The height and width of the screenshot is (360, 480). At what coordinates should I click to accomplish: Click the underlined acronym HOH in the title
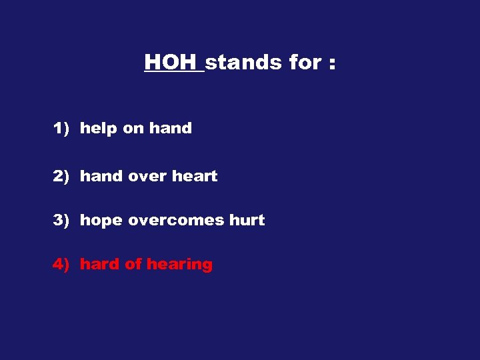(x=173, y=63)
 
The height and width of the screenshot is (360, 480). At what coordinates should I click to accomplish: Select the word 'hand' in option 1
(x=171, y=129)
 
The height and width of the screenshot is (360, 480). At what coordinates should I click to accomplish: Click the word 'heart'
(x=195, y=177)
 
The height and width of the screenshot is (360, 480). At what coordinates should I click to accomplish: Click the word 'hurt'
(x=248, y=221)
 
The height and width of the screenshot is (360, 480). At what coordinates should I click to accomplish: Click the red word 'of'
(x=133, y=265)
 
